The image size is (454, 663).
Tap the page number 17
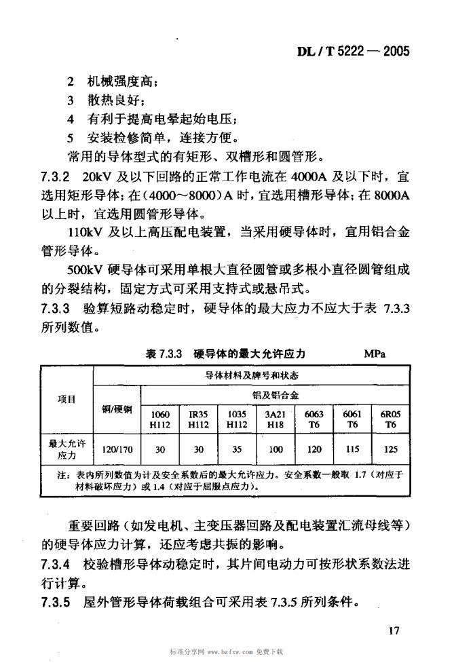396,630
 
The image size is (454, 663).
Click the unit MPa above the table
375,354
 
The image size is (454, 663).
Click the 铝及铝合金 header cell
276,394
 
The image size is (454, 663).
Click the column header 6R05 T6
390,419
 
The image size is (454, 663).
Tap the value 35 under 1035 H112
236,449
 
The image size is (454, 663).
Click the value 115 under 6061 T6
352,449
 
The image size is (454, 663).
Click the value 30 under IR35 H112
198,449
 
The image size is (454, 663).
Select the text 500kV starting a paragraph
86,269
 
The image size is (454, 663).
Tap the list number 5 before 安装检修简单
71,138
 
